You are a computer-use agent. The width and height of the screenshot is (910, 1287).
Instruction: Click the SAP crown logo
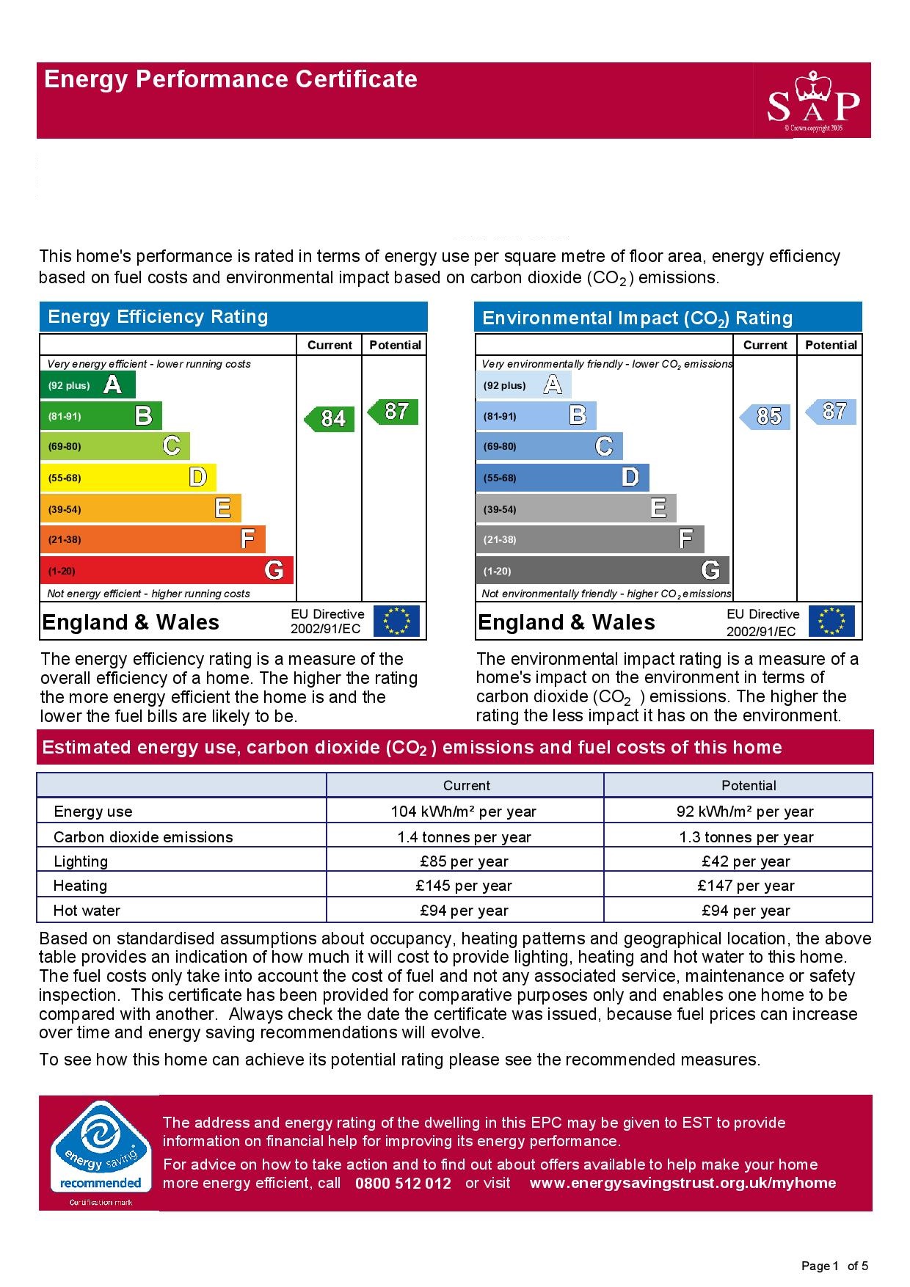(x=812, y=101)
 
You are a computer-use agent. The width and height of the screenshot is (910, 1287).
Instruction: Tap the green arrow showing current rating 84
(x=330, y=418)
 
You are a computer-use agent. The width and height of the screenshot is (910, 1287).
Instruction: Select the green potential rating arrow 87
(x=393, y=411)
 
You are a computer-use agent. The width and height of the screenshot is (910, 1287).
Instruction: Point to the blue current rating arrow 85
(x=765, y=416)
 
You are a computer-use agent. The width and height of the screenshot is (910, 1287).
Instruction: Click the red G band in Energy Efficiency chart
(x=167, y=570)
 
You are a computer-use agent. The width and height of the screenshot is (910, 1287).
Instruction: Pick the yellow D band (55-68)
(x=128, y=478)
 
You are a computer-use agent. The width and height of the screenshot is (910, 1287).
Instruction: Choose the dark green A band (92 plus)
(x=87, y=384)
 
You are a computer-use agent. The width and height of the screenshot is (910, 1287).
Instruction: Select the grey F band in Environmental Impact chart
(x=589, y=539)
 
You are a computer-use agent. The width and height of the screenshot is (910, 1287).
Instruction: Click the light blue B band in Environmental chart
(x=536, y=416)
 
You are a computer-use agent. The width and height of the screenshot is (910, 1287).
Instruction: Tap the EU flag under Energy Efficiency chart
(x=396, y=621)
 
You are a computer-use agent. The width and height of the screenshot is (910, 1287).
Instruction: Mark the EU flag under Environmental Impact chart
(x=831, y=621)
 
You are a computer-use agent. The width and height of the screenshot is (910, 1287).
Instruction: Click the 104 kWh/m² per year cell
(x=464, y=812)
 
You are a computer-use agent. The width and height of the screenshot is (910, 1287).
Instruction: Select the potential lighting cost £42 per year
(x=746, y=861)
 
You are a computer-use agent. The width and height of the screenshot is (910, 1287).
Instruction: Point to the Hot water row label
(x=87, y=911)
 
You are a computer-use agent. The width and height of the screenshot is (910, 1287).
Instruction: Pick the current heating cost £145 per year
(x=464, y=886)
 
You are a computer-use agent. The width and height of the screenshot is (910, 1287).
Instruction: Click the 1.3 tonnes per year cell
(x=746, y=837)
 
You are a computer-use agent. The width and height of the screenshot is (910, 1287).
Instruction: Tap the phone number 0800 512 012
(x=403, y=1183)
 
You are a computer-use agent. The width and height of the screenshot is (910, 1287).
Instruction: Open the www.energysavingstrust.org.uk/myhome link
(x=682, y=1183)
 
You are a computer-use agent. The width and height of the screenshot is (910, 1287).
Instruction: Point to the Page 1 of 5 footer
(x=834, y=1266)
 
